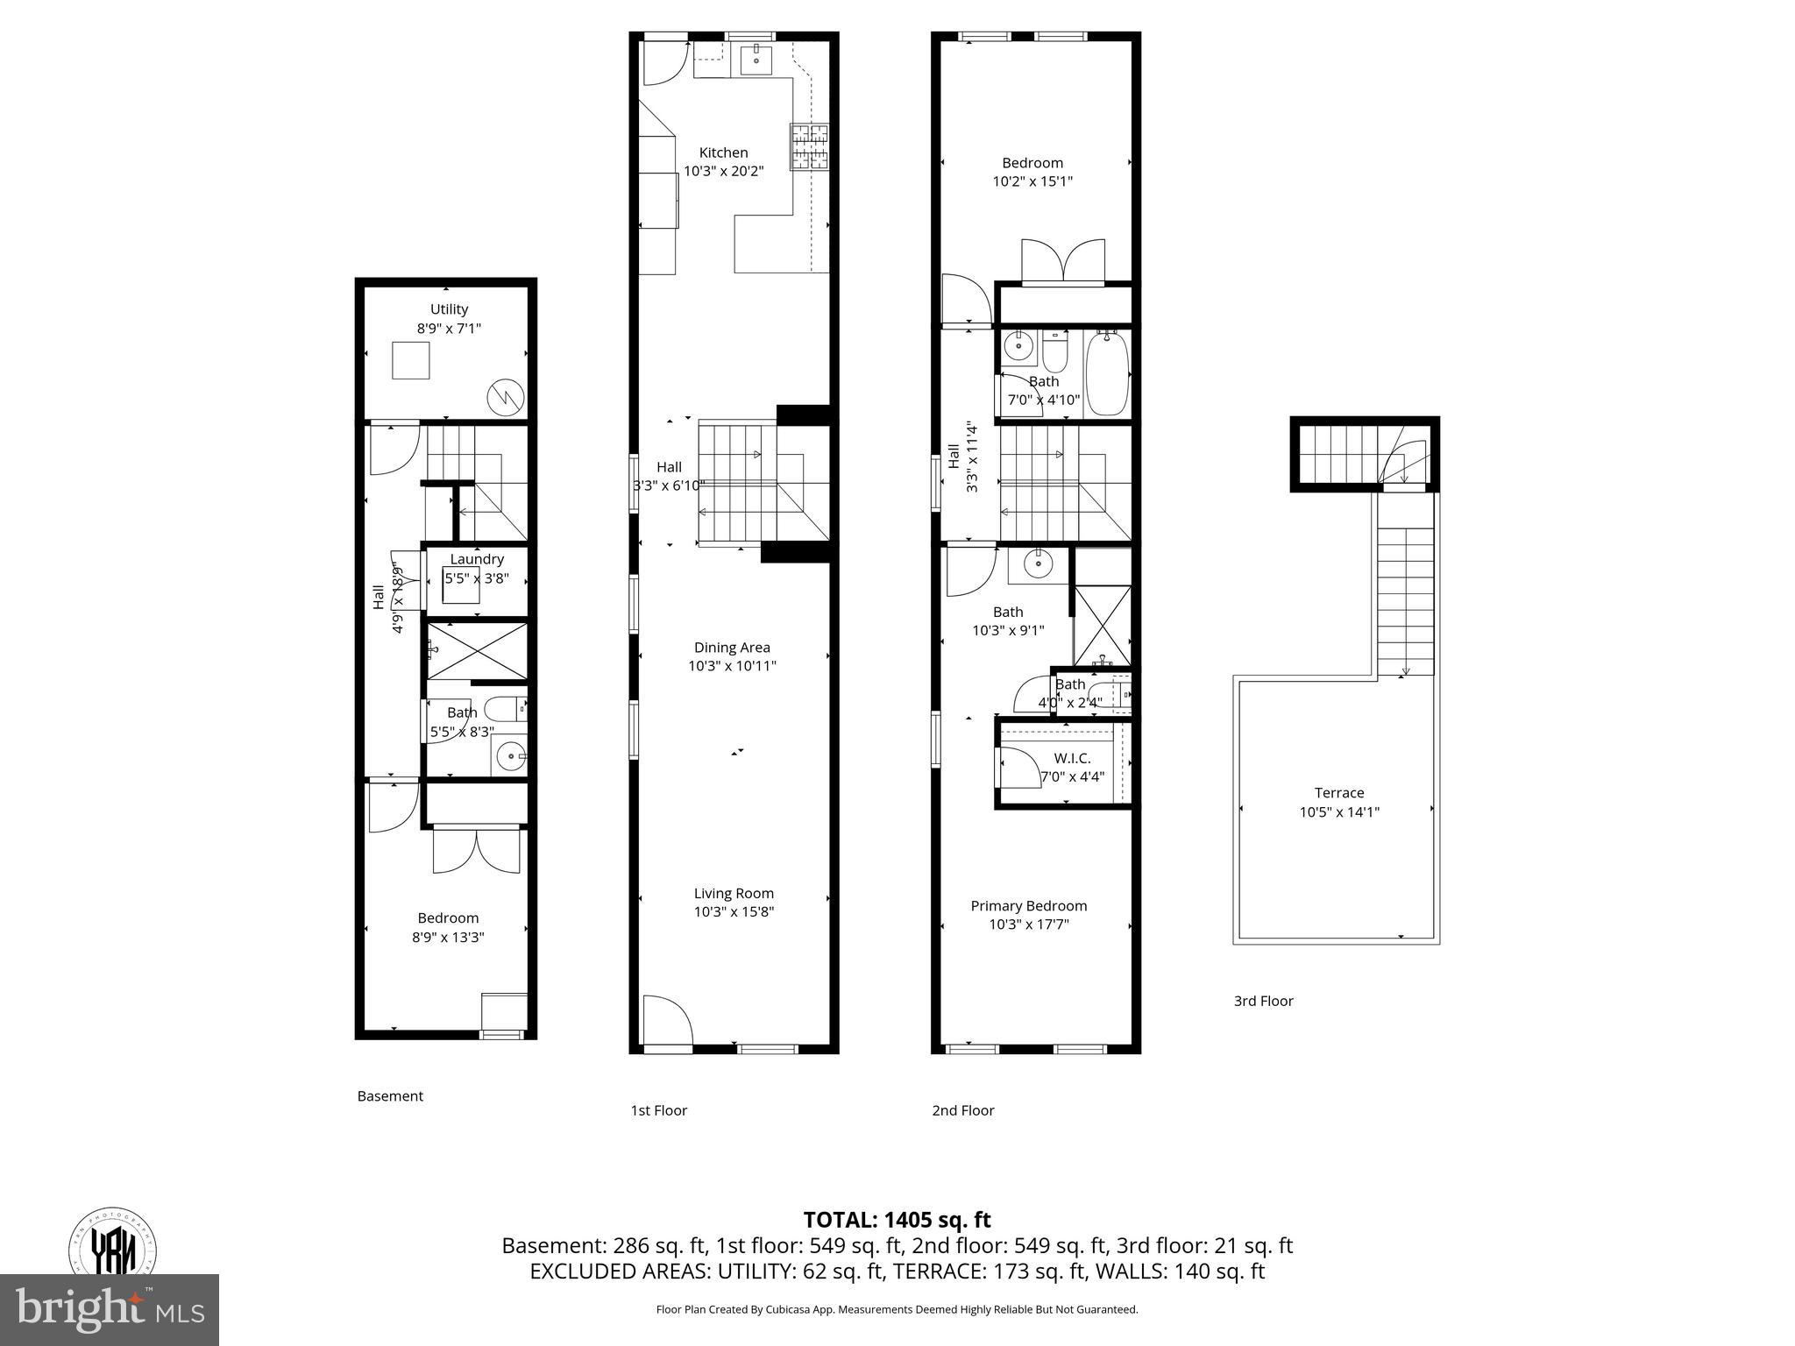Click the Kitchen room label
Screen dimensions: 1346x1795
[x=723, y=152]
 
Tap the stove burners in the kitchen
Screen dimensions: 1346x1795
[x=809, y=145]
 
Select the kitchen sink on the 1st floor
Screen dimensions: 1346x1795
[x=756, y=60]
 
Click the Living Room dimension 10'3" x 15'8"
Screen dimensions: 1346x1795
[x=734, y=911]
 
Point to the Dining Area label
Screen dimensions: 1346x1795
[x=732, y=648]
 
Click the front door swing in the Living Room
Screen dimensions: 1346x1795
[x=666, y=1018]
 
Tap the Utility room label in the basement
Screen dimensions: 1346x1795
[x=449, y=309]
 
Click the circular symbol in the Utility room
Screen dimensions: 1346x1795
[x=506, y=397]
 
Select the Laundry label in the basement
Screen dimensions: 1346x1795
[x=477, y=559]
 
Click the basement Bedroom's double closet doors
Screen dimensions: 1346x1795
[x=476, y=850]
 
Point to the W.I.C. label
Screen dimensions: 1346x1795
[x=1072, y=758]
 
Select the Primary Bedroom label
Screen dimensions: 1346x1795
[x=1028, y=905]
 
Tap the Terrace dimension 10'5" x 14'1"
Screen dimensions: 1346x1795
[x=1338, y=811]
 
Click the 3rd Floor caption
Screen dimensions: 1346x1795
[x=1263, y=1001]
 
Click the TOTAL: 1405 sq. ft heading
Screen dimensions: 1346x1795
[x=897, y=1220]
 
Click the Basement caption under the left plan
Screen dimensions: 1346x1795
[x=390, y=1095]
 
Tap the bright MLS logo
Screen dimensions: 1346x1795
[x=110, y=1309]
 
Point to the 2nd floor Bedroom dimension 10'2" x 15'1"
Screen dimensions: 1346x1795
[x=1032, y=181]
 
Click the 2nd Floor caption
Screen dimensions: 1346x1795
[x=962, y=1110]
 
